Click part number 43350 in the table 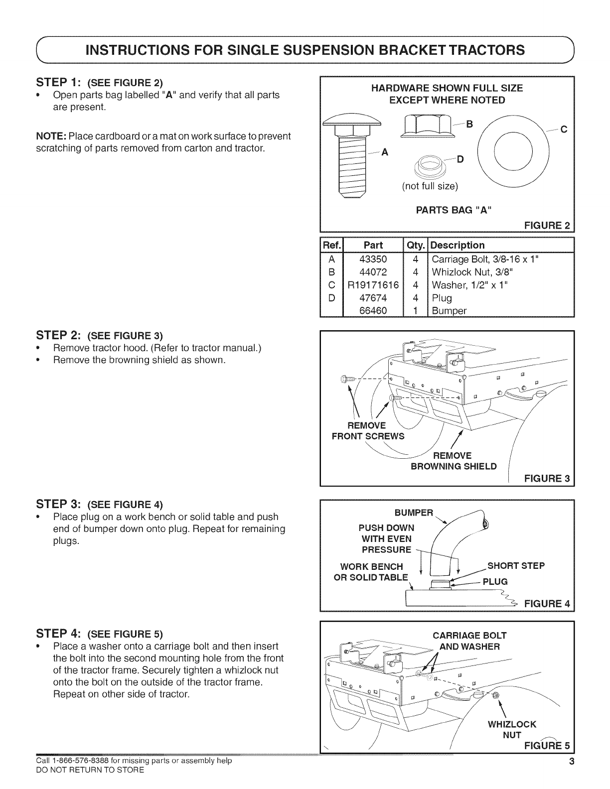(x=373, y=259)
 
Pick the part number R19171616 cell (x=373, y=285)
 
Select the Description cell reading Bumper (x=449, y=311)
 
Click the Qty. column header (x=415, y=245)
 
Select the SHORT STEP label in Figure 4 (x=516, y=565)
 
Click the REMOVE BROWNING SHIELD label (x=453, y=461)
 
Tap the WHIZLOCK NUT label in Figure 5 (x=512, y=729)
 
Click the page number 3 (x=572, y=762)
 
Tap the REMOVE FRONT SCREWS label (x=368, y=431)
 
